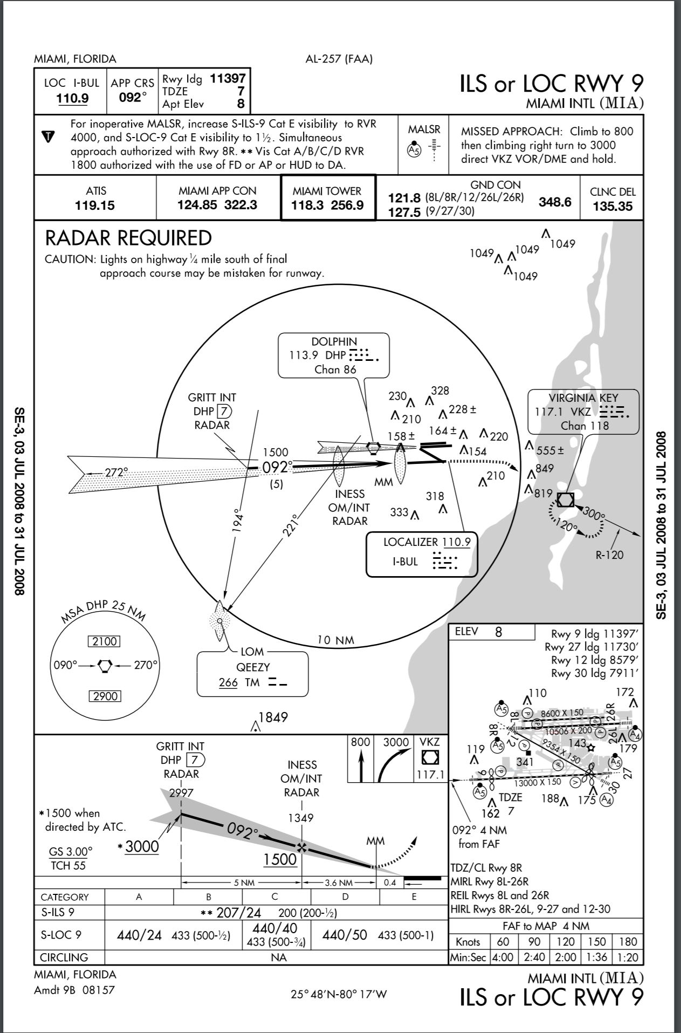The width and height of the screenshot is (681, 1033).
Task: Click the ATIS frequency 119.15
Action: [x=95, y=206]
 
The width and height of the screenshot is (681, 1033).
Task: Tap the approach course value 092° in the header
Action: [x=133, y=98]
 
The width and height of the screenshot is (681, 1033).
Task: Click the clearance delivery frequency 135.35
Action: [x=612, y=206]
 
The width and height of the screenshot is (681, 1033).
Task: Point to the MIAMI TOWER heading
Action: [x=327, y=191]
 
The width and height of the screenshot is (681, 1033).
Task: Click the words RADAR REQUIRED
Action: [x=128, y=238]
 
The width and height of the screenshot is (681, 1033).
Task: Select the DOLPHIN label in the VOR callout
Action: [x=334, y=341]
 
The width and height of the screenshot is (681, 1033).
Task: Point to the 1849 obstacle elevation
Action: [x=273, y=717]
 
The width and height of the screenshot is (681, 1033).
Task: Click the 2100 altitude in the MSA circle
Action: [x=105, y=641]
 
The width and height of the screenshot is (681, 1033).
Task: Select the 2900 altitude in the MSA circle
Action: [x=105, y=696]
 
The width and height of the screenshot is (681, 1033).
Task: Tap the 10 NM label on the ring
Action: [x=335, y=640]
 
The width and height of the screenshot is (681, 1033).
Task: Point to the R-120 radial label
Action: [x=609, y=554]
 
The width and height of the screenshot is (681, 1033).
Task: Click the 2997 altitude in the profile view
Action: [x=180, y=793]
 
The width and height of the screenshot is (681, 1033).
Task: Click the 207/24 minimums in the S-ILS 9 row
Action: [x=238, y=913]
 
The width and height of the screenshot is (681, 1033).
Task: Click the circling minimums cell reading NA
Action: [x=279, y=957]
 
